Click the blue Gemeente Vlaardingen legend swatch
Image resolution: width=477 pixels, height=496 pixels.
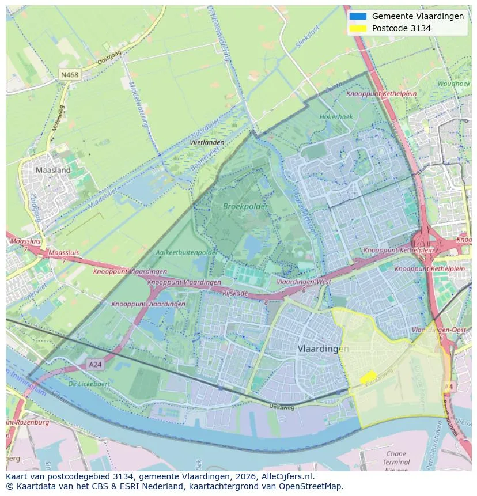coord(358,16)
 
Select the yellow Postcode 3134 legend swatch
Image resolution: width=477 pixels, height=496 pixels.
coord(358,28)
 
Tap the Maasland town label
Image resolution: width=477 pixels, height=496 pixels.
coord(53,170)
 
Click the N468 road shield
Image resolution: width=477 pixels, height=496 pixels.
coord(70,75)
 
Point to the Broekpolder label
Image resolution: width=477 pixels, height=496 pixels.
coord(242,206)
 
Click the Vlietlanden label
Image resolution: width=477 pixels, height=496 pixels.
coord(207,142)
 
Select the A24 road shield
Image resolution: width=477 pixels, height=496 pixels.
coord(95,365)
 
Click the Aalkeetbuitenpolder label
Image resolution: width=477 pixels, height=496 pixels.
coord(187,252)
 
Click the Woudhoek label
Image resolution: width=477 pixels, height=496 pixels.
coord(453,84)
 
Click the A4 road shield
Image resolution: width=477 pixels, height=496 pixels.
coord(448,387)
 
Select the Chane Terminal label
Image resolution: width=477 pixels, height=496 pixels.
coord(396,458)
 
